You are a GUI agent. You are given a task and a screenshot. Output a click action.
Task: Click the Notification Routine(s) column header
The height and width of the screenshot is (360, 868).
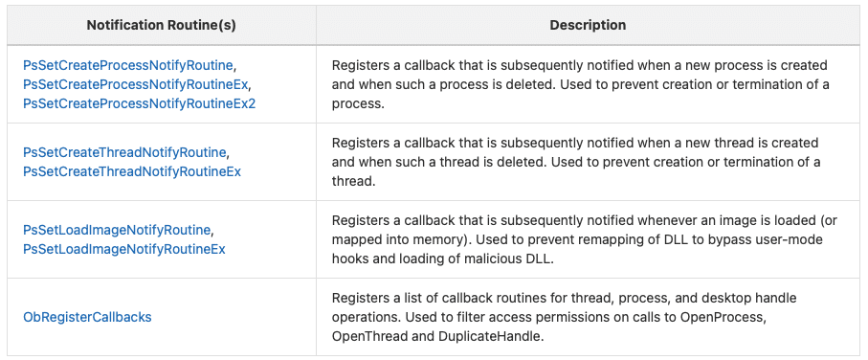(x=161, y=26)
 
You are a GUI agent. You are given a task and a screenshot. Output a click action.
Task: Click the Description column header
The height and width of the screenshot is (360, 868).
(x=588, y=26)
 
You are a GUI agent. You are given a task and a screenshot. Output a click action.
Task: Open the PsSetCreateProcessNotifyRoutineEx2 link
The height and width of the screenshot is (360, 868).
(x=140, y=103)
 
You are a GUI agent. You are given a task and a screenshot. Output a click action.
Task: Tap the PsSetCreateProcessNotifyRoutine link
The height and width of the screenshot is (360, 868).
(x=128, y=66)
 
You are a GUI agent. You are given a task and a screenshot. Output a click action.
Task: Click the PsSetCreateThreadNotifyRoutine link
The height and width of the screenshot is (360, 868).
(x=124, y=152)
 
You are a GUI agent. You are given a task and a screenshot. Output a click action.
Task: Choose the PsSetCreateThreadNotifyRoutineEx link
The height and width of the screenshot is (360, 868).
(x=132, y=171)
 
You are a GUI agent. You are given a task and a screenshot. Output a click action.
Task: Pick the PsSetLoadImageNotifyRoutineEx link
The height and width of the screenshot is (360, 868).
(x=124, y=249)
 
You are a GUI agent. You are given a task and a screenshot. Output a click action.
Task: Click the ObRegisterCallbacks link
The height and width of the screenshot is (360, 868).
(x=87, y=317)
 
